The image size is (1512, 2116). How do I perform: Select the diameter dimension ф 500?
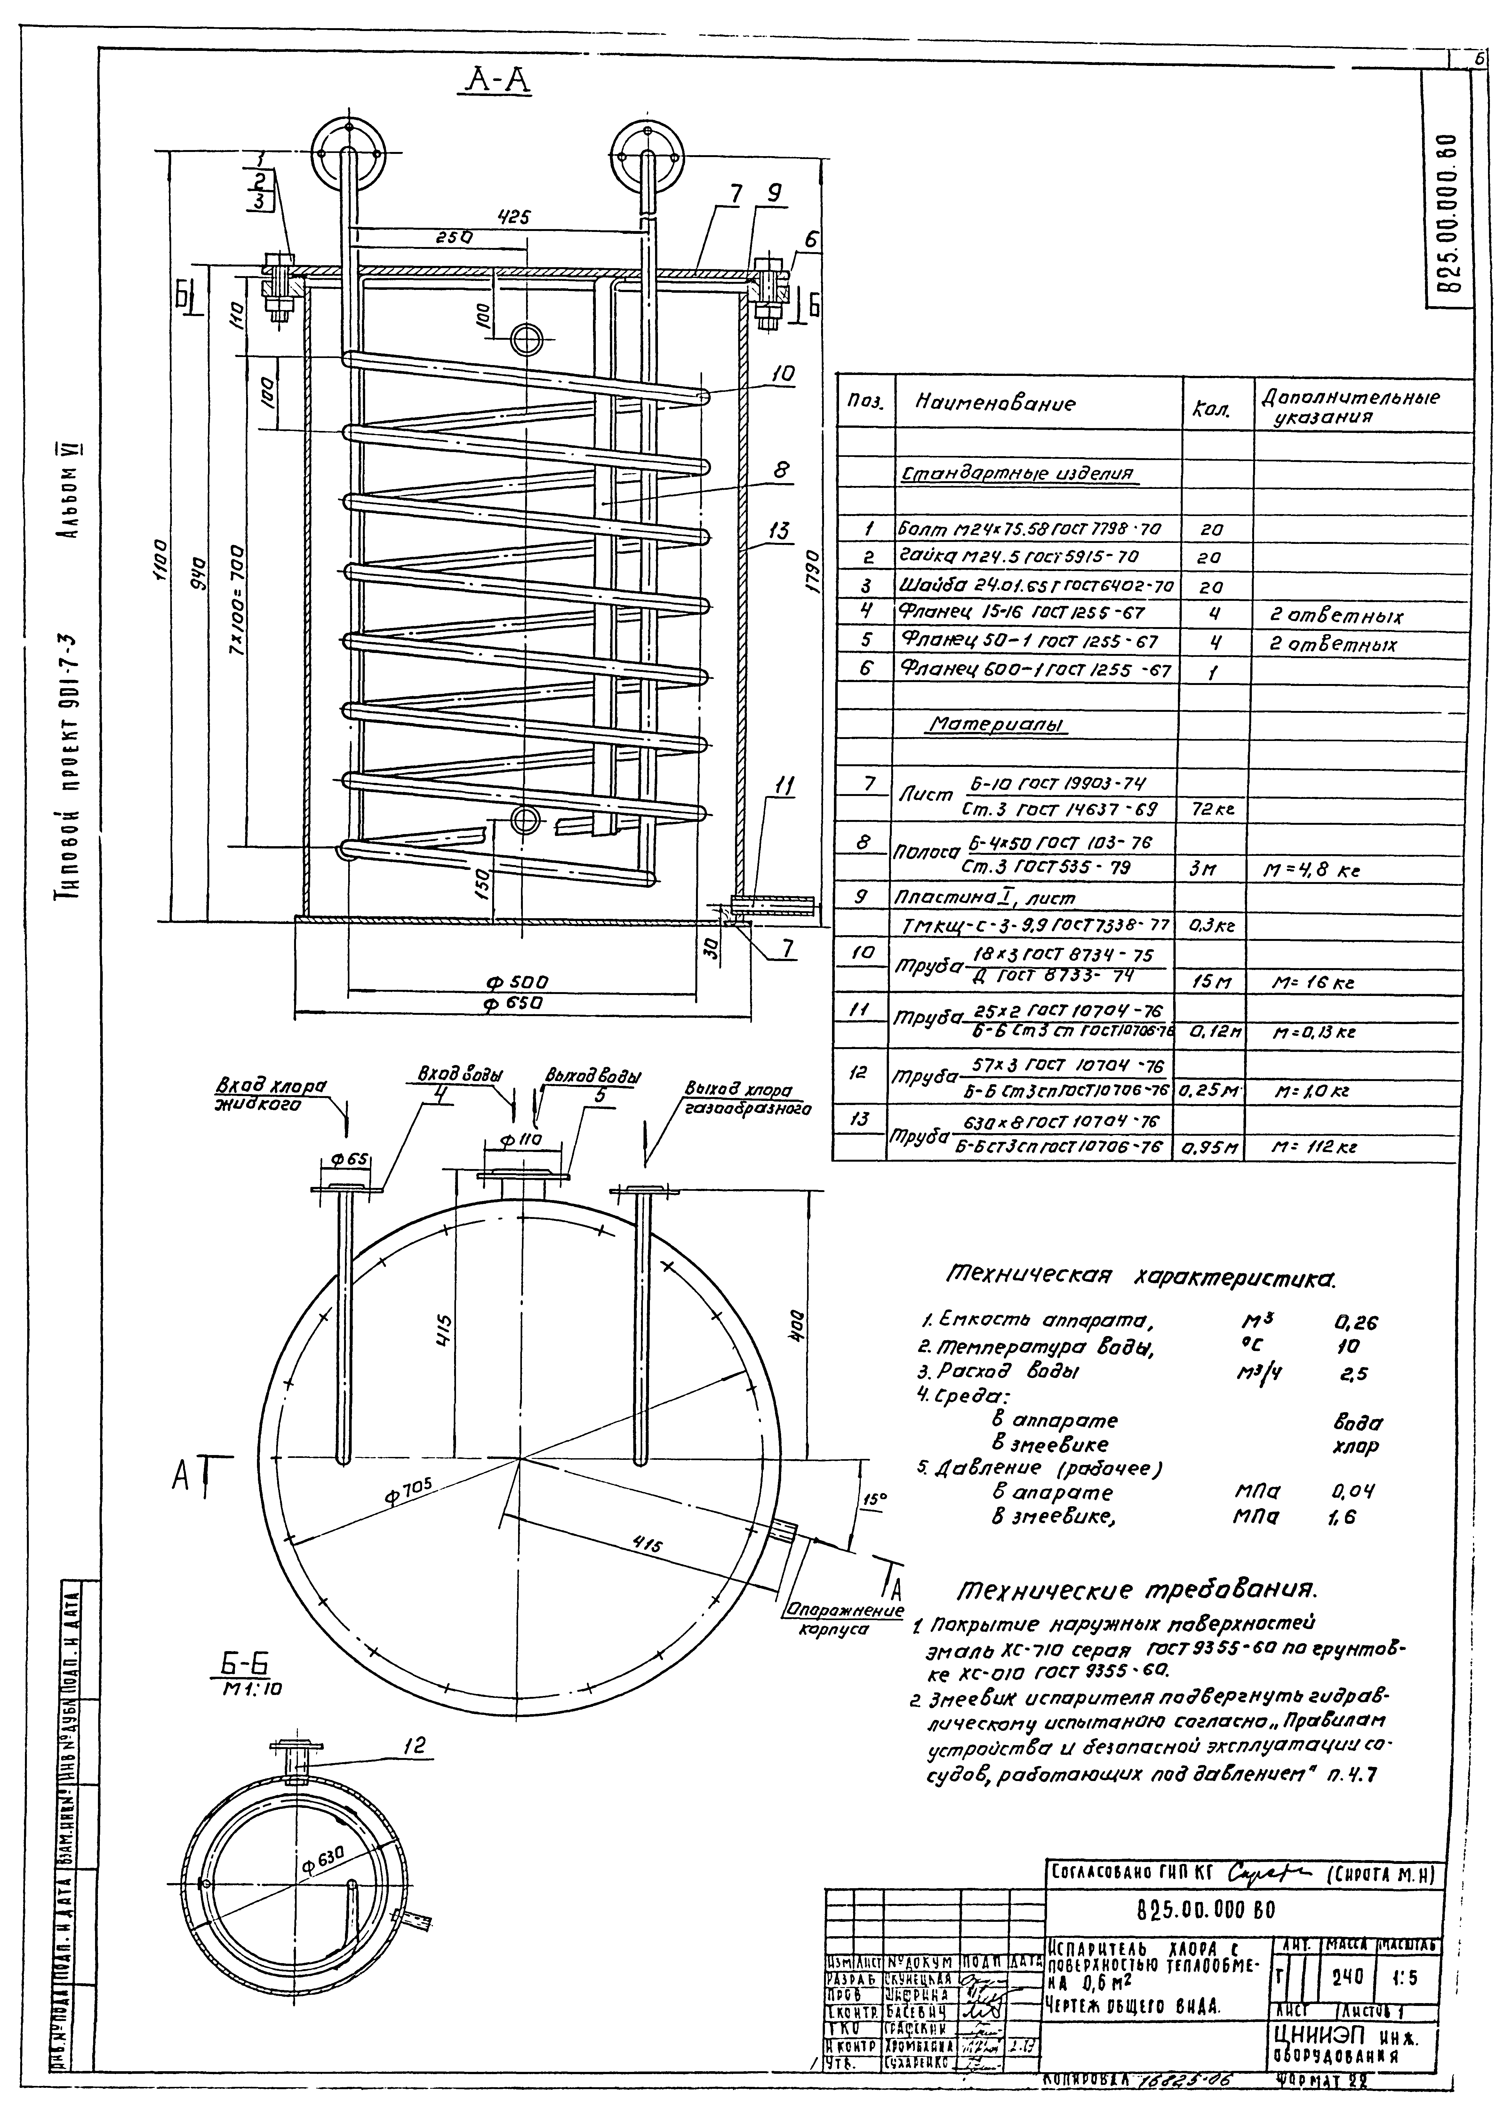click(x=517, y=983)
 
